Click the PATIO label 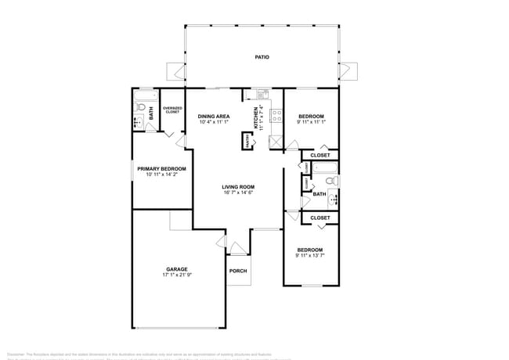262,57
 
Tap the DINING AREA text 214,116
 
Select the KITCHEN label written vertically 255,117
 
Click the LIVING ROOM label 238,187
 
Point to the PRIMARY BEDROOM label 161,169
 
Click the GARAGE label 176,269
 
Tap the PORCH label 238,272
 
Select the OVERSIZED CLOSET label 172,110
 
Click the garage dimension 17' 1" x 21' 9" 176,275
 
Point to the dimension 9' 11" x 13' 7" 311,256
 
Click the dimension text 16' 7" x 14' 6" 238,193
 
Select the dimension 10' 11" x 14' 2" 161,175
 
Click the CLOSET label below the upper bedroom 319,156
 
